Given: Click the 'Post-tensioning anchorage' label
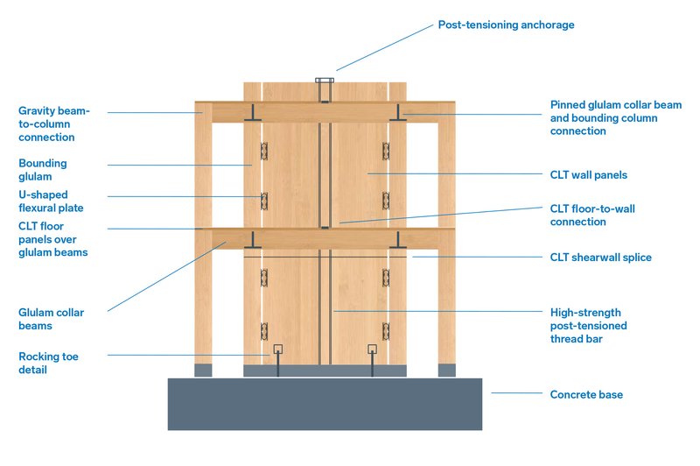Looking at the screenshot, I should point(506,25).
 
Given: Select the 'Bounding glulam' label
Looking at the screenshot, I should point(42,169).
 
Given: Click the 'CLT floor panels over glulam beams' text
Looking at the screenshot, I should point(52,240).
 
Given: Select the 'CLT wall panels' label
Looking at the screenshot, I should point(588,175).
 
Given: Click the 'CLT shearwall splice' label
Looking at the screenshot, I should point(600,257).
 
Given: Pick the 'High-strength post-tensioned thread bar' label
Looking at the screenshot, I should point(588,325).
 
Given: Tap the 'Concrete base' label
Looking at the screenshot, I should point(586,394).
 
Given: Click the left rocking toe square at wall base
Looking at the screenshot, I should point(277,349).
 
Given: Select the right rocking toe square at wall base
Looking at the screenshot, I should point(372,349).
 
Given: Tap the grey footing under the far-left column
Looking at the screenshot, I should point(203,370).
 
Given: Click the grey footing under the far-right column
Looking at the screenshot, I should point(446,370).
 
